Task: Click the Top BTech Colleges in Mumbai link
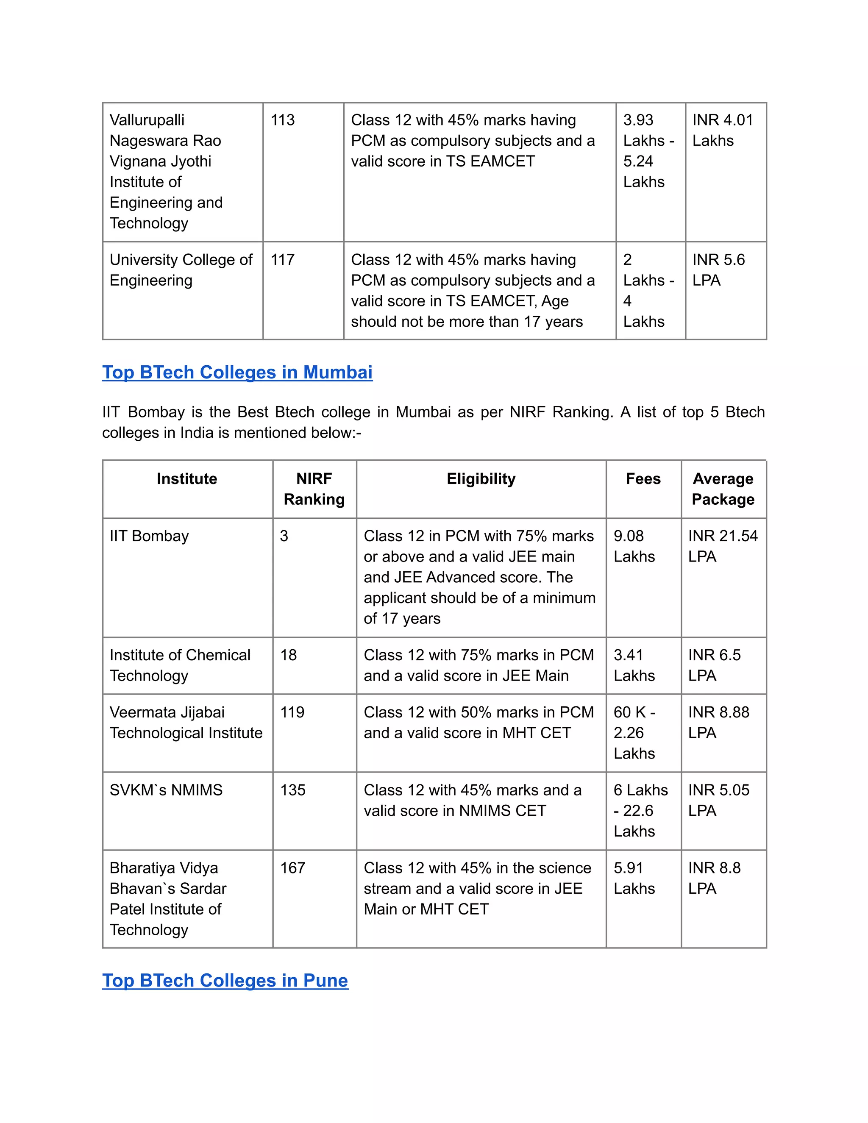click(237, 372)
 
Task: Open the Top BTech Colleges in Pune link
click(225, 980)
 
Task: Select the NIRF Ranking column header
click(314, 489)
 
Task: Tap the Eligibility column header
click(481, 479)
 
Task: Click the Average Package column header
click(723, 489)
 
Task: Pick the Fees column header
click(643, 479)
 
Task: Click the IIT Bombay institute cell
click(149, 536)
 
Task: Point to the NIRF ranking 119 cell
click(292, 712)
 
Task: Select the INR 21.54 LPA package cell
click(723, 546)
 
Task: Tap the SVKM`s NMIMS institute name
click(166, 790)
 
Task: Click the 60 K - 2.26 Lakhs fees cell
click(634, 733)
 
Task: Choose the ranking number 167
click(292, 867)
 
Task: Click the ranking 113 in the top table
click(282, 120)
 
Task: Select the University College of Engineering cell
click(181, 270)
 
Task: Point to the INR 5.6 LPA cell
click(718, 270)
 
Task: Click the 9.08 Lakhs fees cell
click(634, 546)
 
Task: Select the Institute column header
click(186, 479)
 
